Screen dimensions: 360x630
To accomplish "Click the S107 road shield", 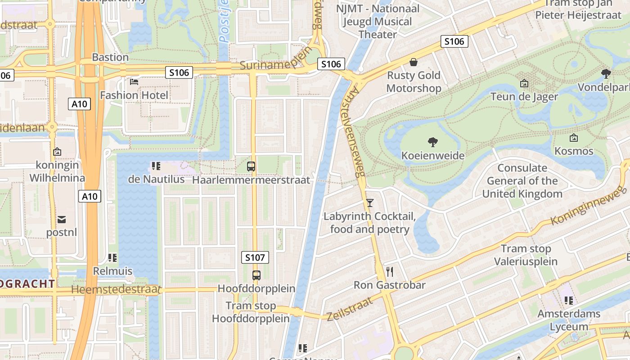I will tap(255, 257).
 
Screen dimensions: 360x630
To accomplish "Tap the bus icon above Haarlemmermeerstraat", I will tap(251, 166).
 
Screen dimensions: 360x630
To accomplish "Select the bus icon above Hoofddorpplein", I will tap(256, 275).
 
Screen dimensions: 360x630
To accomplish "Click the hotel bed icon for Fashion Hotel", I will tap(134, 81).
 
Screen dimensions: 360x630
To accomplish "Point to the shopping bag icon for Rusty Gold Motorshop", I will tap(413, 62).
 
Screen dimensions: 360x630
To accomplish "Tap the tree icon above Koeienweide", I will tap(432, 142).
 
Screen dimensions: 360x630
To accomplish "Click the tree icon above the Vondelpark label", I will tap(606, 73).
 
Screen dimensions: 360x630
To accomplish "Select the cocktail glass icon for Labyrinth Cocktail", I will tap(369, 203).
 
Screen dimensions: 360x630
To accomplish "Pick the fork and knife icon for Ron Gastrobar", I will tap(390, 271).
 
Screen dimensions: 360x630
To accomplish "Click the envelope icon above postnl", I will tap(61, 219).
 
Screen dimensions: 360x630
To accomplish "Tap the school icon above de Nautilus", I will tap(156, 166).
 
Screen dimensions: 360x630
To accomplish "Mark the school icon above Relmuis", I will tap(112, 258).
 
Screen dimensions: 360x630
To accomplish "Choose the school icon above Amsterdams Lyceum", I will tap(569, 300).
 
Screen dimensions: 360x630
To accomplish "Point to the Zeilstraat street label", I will tap(350, 309).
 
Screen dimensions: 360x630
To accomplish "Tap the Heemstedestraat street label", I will tap(116, 289).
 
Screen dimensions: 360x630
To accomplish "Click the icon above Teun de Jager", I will tap(524, 83).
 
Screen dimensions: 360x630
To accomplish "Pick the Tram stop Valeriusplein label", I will tap(526, 255).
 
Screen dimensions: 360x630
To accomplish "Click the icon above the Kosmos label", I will tap(573, 138).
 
